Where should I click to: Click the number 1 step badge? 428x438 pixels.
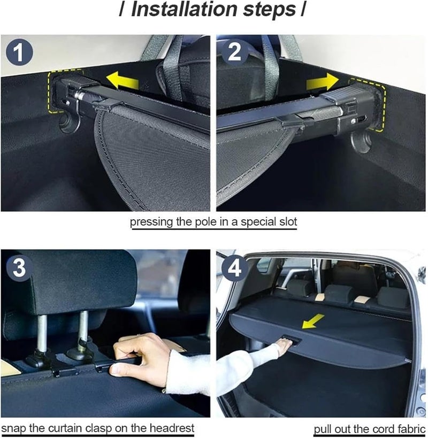(20, 53)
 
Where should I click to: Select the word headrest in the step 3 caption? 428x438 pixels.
(171, 428)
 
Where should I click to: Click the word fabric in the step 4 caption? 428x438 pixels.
(410, 429)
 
